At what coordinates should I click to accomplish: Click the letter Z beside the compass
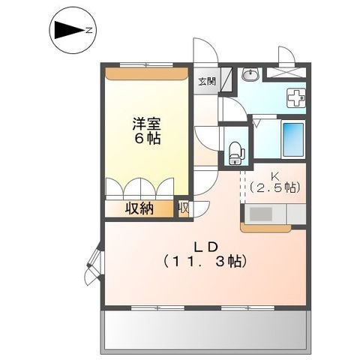(88, 31)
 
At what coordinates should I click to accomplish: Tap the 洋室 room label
(145, 121)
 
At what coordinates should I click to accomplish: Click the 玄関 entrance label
(206, 81)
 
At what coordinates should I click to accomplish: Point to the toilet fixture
(235, 148)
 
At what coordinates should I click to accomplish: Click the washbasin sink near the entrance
(250, 74)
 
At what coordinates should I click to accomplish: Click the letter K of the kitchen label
(274, 174)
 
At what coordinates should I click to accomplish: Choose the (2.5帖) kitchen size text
(274, 187)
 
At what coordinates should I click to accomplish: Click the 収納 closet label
(139, 208)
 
